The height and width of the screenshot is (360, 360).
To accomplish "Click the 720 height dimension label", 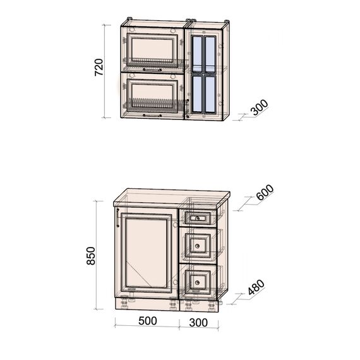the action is click(x=99, y=67).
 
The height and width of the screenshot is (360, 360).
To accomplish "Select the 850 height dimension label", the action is click(x=91, y=256).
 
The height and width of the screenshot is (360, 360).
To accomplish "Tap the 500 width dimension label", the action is click(x=148, y=321).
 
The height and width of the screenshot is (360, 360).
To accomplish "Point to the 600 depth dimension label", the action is click(x=265, y=192).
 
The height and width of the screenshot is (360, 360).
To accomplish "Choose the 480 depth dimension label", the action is click(x=256, y=287).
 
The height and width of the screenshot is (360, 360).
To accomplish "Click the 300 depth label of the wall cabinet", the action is click(x=260, y=107).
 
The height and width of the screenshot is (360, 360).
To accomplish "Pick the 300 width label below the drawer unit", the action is click(x=198, y=323).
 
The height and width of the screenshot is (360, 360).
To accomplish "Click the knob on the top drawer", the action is click(x=197, y=219).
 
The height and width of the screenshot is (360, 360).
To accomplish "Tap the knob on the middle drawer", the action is click(x=197, y=246).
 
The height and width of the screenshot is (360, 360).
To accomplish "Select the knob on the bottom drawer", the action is click(x=197, y=282).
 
